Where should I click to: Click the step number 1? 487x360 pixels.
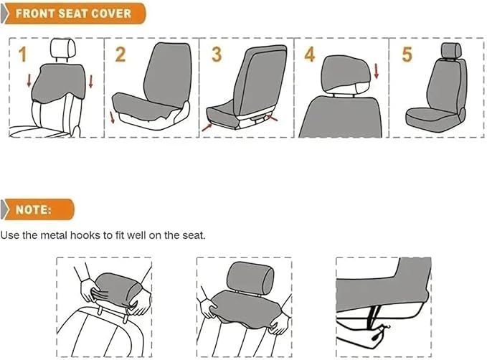22,55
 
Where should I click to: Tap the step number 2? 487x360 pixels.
120,55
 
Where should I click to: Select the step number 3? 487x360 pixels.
217,55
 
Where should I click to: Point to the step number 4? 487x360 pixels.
310,55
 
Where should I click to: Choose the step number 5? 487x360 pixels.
407,55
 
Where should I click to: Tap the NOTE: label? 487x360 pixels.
33,209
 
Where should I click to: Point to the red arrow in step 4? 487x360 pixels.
377,71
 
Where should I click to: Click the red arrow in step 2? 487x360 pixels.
112,118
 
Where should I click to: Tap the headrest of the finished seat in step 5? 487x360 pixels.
451,50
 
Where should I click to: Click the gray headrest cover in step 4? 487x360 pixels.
346,75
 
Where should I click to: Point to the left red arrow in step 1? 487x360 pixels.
29,80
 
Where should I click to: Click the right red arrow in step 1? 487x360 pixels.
90,81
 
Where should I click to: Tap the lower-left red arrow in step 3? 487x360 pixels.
207,127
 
